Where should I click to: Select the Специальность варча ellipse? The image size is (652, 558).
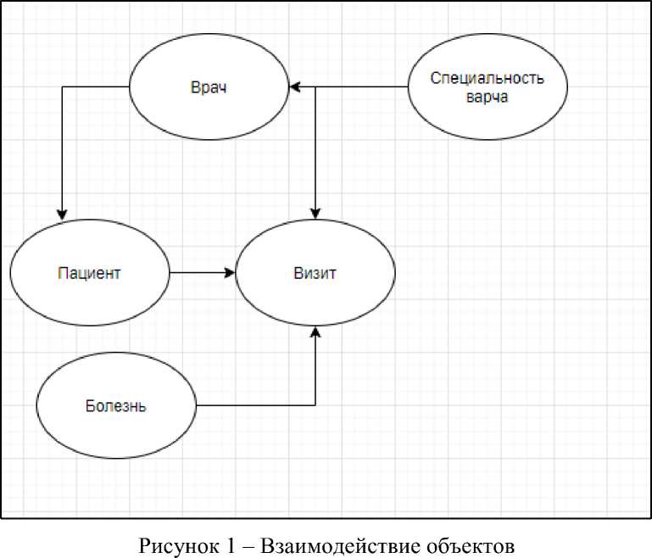(487, 109)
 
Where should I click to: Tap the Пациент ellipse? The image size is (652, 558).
(89, 298)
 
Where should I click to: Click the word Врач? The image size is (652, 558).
(209, 87)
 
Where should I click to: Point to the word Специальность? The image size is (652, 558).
(487, 79)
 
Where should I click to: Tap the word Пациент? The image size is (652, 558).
(89, 273)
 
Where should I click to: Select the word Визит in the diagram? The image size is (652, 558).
(315, 273)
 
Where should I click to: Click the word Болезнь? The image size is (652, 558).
(116, 405)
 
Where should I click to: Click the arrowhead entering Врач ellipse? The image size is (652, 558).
(294, 87)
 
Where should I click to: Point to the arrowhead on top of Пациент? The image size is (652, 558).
(62, 216)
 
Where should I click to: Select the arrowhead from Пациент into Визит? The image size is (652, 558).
(230, 273)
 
